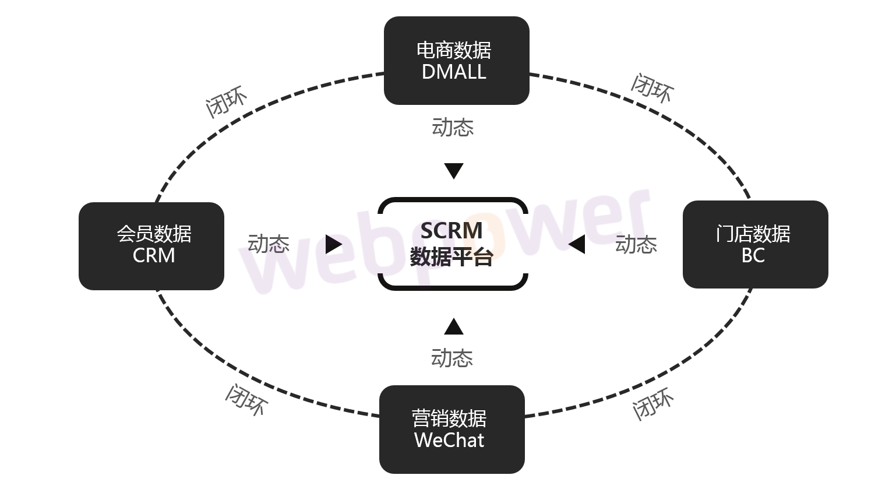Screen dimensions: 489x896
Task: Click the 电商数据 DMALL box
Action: pyautogui.click(x=456, y=61)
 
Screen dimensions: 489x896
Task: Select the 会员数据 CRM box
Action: pyautogui.click(x=151, y=246)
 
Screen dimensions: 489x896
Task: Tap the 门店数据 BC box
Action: pyautogui.click(x=755, y=245)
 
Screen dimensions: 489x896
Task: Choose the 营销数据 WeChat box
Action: pyautogui.click(x=451, y=429)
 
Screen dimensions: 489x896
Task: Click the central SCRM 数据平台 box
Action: pyautogui.click(x=453, y=244)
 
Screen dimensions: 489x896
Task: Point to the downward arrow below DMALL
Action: pyautogui.click(x=453, y=171)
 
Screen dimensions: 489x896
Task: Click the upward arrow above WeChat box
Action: pyautogui.click(x=453, y=327)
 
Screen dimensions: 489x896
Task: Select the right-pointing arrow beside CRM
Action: pyautogui.click(x=333, y=244)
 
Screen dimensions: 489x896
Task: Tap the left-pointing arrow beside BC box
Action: pyautogui.click(x=577, y=244)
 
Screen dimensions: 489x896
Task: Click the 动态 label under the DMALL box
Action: pyautogui.click(x=453, y=127)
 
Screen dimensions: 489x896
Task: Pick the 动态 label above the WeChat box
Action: pyautogui.click(x=452, y=357)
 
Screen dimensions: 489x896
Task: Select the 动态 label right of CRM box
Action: pyautogui.click(x=269, y=244)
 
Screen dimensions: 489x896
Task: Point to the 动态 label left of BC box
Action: pyautogui.click(x=636, y=244)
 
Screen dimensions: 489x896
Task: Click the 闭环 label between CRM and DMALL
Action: pyautogui.click(x=226, y=103)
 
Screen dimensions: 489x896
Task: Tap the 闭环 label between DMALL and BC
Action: pyautogui.click(x=652, y=89)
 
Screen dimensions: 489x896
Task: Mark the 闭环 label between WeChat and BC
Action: pyautogui.click(x=653, y=403)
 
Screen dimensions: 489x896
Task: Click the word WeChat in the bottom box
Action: pyautogui.click(x=449, y=440)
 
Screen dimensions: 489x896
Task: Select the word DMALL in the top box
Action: pyautogui.click(x=454, y=72)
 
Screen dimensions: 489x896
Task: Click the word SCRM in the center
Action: pyautogui.click(x=451, y=231)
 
